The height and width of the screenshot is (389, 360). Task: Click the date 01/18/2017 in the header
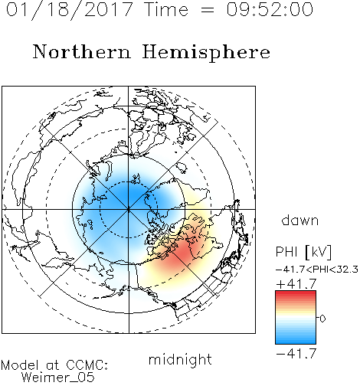(x=69, y=10)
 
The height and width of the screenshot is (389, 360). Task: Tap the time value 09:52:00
(x=270, y=9)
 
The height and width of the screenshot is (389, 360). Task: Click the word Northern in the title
(x=82, y=51)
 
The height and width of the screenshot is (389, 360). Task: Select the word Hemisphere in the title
(x=206, y=53)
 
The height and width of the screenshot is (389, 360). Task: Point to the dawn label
(x=299, y=220)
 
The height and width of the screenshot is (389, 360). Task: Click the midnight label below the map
(x=180, y=359)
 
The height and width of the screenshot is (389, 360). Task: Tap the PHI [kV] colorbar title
(x=303, y=252)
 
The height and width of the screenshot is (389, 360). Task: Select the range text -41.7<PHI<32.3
(x=317, y=270)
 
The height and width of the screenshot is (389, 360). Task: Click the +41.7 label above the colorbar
(x=296, y=284)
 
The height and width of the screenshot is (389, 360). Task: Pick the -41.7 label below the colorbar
(x=296, y=354)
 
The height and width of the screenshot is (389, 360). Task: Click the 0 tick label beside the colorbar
(x=322, y=319)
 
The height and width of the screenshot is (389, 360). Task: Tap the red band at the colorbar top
(x=296, y=294)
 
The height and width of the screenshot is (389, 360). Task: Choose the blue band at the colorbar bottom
(x=296, y=341)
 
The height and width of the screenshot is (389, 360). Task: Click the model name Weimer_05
(x=58, y=378)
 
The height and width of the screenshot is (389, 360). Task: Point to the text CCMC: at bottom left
(x=87, y=365)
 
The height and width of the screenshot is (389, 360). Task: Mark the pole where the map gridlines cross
(x=129, y=209)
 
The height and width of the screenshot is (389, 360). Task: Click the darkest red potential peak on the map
(x=182, y=253)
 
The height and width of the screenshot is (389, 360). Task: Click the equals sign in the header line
(x=207, y=10)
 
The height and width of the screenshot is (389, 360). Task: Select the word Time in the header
(x=166, y=9)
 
